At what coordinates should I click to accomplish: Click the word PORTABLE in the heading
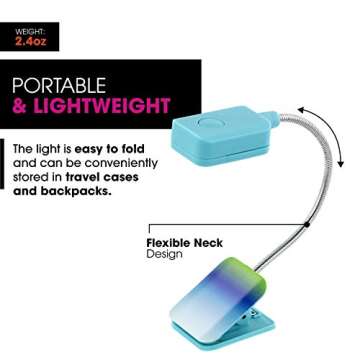[x=58, y=84]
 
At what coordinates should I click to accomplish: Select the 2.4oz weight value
[x=30, y=42]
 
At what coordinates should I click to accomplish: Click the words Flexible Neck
[x=184, y=243]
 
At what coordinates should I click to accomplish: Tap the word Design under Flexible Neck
[x=164, y=255]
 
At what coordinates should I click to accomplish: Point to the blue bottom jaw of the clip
[x=240, y=335]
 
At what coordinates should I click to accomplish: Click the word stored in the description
[x=31, y=176]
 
